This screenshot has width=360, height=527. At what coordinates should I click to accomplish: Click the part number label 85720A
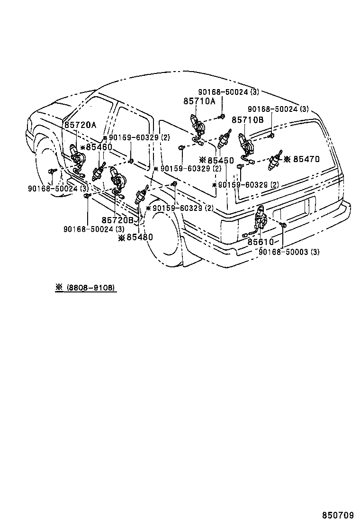point(80,125)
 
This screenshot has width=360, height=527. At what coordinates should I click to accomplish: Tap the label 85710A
point(199,101)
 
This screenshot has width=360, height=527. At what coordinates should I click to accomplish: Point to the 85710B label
point(247,120)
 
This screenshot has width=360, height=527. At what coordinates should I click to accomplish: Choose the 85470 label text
point(306,159)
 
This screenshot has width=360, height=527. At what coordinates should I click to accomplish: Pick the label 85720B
point(118,220)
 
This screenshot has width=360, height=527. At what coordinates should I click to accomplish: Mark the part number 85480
point(139,237)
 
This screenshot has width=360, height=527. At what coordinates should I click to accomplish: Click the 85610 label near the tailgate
point(261,242)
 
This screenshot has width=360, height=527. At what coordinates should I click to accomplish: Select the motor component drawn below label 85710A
point(198,126)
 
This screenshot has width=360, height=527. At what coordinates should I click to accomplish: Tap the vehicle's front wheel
point(47,161)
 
